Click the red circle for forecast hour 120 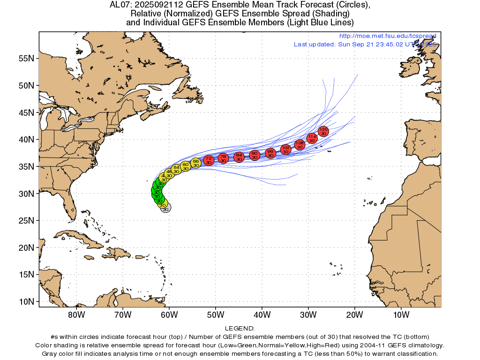tap(323, 131)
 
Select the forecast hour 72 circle tap(209, 160)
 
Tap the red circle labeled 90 tap(255, 155)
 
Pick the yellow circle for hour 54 tap(176, 169)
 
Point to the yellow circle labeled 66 tap(196, 163)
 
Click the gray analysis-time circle tap(165, 208)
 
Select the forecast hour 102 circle tap(286, 150)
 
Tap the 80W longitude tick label tap(76, 314)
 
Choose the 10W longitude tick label tap(401, 314)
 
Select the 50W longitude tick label tap(215, 314)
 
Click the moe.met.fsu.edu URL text tap(387, 36)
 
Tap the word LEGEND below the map tap(240, 329)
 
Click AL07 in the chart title tap(119, 5)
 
